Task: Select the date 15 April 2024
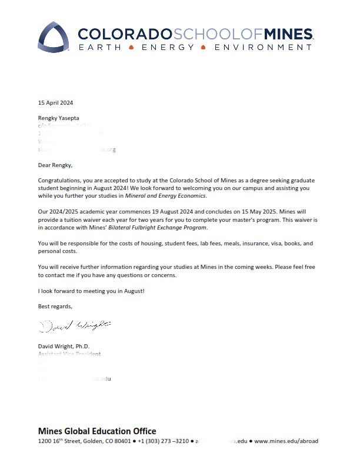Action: click(x=56, y=103)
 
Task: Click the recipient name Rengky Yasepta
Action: click(x=61, y=118)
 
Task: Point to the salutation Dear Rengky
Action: click(x=55, y=165)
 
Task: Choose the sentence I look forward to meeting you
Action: click(x=91, y=291)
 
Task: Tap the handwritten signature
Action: click(x=74, y=325)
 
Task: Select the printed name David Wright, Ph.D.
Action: click(x=64, y=346)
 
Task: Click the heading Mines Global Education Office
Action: click(x=97, y=431)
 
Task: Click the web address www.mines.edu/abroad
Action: click(x=286, y=441)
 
